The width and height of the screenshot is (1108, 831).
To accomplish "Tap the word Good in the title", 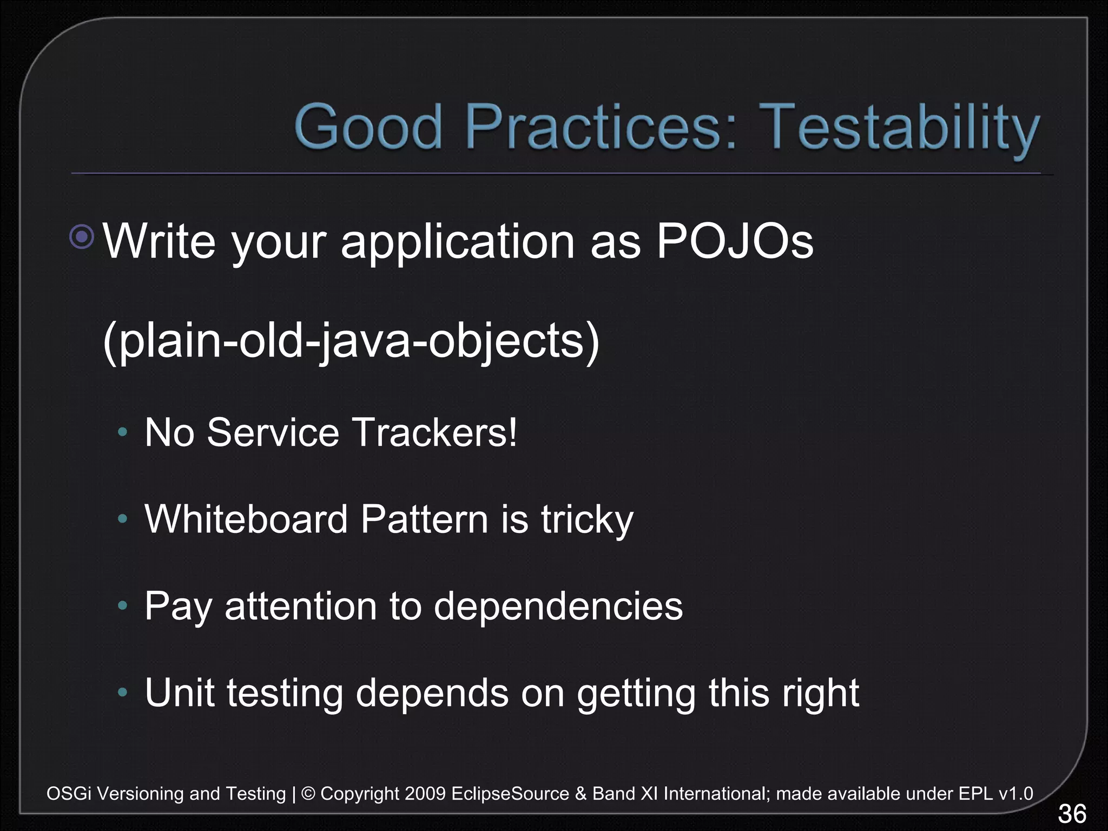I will click(x=369, y=128).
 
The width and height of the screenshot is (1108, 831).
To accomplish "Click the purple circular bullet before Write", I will click(x=82, y=236).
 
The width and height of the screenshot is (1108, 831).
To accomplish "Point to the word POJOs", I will click(x=734, y=241).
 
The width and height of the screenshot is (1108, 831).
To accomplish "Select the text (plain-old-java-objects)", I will click(x=351, y=341).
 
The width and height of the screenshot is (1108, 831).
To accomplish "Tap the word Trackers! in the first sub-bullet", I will click(x=435, y=433).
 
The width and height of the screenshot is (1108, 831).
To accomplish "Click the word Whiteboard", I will click(x=246, y=519).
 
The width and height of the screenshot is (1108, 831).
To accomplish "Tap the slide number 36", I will click(x=1072, y=814).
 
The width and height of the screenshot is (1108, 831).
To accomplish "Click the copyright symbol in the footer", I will click(x=308, y=794).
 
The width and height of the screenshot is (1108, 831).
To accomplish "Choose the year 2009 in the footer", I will click(x=425, y=794).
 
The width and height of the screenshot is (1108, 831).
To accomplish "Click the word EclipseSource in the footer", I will click(x=510, y=794).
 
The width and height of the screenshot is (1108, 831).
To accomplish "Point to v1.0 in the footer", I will click(x=1015, y=794).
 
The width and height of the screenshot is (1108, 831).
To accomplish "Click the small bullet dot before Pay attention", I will click(x=123, y=605).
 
